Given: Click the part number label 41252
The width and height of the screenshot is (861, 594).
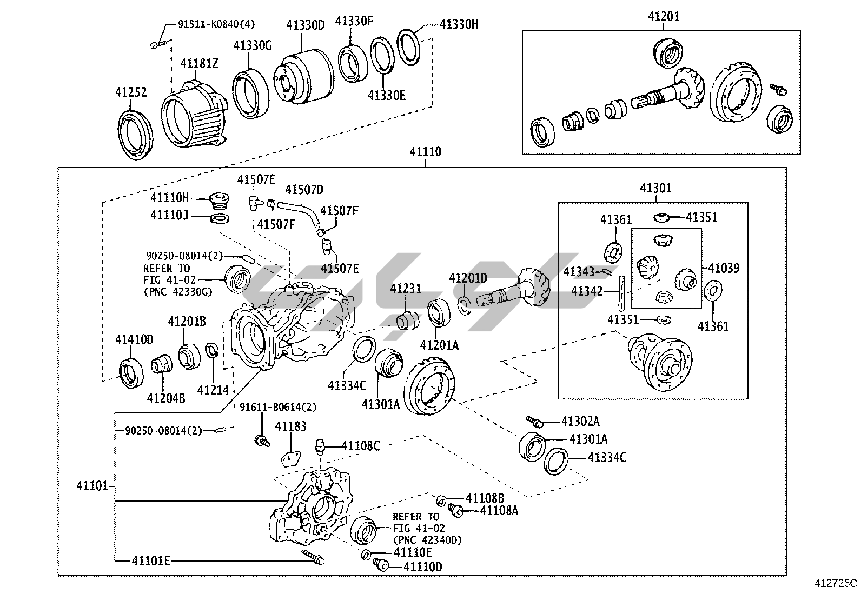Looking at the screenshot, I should pos(131,92).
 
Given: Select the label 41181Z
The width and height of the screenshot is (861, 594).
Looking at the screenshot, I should pos(199,64).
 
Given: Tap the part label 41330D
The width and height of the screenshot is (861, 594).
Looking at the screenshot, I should pos(306,25).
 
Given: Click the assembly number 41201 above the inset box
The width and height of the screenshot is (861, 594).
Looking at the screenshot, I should pos(664,17).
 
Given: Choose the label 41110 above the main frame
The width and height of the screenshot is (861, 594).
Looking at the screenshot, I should pos(425,152).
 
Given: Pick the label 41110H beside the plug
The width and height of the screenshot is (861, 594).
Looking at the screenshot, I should pos(170,198).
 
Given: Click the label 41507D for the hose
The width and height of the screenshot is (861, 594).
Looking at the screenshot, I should pos(304,189).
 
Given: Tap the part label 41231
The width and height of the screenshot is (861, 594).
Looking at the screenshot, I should pos(406,289).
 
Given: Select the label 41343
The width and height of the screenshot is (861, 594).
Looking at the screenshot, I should pos(579,271).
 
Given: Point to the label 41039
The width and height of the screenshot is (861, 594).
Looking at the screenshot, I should pos(724,268).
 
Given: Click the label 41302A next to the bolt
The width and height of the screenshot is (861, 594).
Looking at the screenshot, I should pos(580,422).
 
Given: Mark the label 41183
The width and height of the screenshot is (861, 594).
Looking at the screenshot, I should pos(290,426).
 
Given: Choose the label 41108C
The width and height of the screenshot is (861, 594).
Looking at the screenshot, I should pos(361,446).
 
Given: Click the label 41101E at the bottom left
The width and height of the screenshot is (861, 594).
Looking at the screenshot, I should pos(151,561).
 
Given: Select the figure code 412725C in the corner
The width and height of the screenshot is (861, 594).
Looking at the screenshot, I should pos(836,583).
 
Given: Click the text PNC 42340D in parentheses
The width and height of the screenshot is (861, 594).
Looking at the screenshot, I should pos(427,539).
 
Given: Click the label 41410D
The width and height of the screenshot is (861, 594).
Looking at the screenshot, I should pos(134,339).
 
